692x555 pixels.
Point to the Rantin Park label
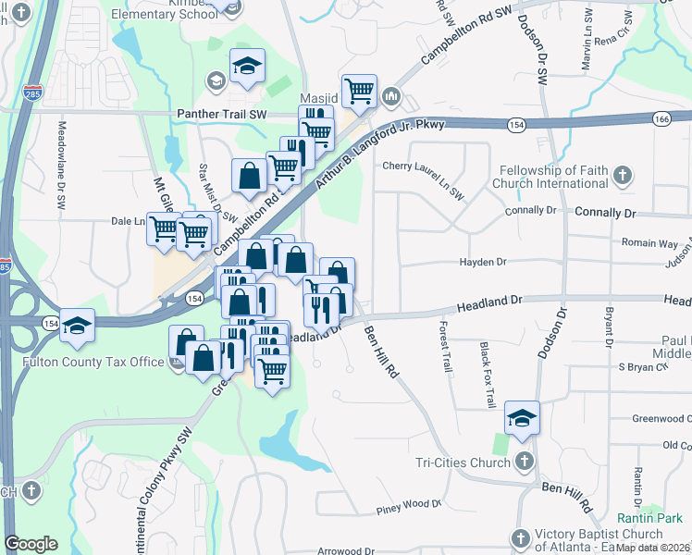coord(649,518)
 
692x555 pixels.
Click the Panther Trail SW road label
coord(221,115)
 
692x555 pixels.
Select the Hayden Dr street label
coord(483,263)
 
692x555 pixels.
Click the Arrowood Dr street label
coord(344,550)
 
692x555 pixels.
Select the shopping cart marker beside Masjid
coord(359,91)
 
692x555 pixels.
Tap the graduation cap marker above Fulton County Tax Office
coord(78,324)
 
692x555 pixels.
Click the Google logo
coord(31,544)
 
